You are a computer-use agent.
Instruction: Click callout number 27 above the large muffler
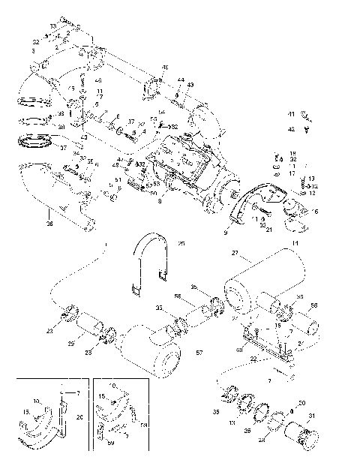point(235,253)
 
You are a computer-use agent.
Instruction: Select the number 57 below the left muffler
point(199,352)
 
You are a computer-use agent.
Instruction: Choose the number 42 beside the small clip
point(291,128)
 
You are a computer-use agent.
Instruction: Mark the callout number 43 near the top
point(190,85)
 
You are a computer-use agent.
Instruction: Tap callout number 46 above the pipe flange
point(165,68)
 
